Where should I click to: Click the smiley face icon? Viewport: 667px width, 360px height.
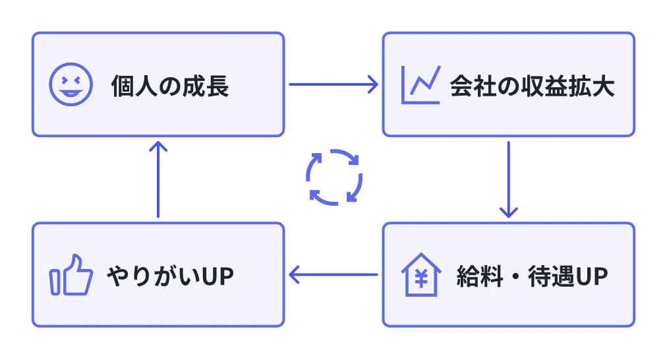(x=71, y=84)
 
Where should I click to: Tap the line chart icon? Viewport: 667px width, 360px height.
(x=420, y=84)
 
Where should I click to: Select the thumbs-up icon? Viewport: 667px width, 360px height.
(x=71, y=274)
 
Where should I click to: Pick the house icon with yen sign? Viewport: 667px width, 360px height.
(x=421, y=274)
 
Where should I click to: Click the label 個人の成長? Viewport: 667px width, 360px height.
(x=170, y=86)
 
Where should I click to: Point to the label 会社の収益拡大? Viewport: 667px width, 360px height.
(x=532, y=86)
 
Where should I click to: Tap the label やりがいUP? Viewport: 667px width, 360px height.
(x=170, y=276)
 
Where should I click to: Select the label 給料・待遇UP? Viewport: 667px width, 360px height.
(x=532, y=276)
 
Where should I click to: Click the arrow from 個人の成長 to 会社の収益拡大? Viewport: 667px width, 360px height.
(x=333, y=84)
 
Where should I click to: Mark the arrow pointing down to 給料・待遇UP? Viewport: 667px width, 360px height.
(x=508, y=179)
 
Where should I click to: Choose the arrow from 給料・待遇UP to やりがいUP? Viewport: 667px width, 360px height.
(x=333, y=274)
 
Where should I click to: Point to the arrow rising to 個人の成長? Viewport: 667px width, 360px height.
(x=158, y=179)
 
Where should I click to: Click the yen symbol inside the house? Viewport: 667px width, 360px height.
(x=421, y=279)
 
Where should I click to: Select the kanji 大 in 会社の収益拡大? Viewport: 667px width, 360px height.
(x=603, y=86)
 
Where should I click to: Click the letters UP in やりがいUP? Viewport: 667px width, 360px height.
(x=217, y=276)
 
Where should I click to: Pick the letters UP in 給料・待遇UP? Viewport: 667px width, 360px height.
(x=592, y=276)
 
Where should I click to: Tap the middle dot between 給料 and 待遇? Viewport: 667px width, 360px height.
(x=515, y=276)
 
